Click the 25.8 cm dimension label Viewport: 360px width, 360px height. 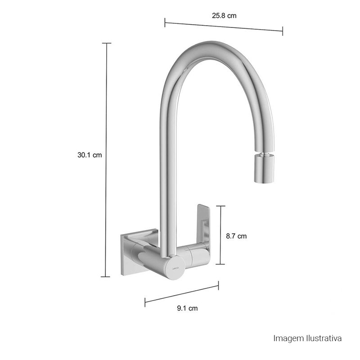pos(224,16)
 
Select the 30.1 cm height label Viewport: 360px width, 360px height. pos(90,155)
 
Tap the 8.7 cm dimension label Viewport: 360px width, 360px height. pos(236,236)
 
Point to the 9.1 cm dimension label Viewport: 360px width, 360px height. pos(187,308)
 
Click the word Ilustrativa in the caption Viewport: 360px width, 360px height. pos(324,338)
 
